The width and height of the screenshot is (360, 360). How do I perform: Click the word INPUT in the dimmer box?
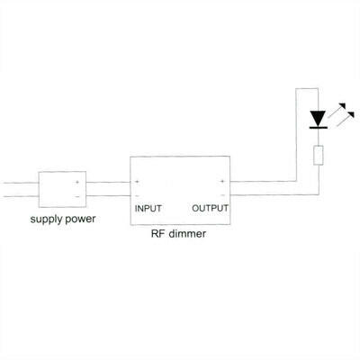pos(148,209)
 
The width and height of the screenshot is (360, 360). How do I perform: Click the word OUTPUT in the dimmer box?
pos(210,208)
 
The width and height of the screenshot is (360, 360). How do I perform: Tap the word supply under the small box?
pos(44,220)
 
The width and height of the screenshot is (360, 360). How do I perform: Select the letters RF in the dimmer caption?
pos(157,234)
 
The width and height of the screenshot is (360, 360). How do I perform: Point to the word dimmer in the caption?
pos(187,234)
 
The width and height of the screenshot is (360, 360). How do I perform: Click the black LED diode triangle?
pos(318,119)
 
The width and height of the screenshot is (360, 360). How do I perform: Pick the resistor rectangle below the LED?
pos(319,155)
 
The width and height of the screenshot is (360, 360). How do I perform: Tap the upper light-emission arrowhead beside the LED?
pos(342,106)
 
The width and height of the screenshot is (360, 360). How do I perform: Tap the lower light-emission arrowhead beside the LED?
pos(350,115)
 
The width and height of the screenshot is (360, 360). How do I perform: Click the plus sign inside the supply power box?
pos(77,182)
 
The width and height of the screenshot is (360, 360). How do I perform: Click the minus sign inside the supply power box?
pos(77,196)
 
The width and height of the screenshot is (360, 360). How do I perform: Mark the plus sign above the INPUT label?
pos(137,182)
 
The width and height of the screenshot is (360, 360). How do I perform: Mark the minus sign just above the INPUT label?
pos(137,196)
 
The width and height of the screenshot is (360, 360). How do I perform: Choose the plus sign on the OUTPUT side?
pos(222,181)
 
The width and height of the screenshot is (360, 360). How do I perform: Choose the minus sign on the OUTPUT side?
pos(222,195)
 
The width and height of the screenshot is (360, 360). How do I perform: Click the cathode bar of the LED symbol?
pos(318,128)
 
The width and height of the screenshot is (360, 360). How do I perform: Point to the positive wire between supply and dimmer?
pos(108,182)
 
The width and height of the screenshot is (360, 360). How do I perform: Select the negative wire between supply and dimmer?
pos(108,196)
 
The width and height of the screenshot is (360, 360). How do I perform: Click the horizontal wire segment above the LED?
pos(307,88)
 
